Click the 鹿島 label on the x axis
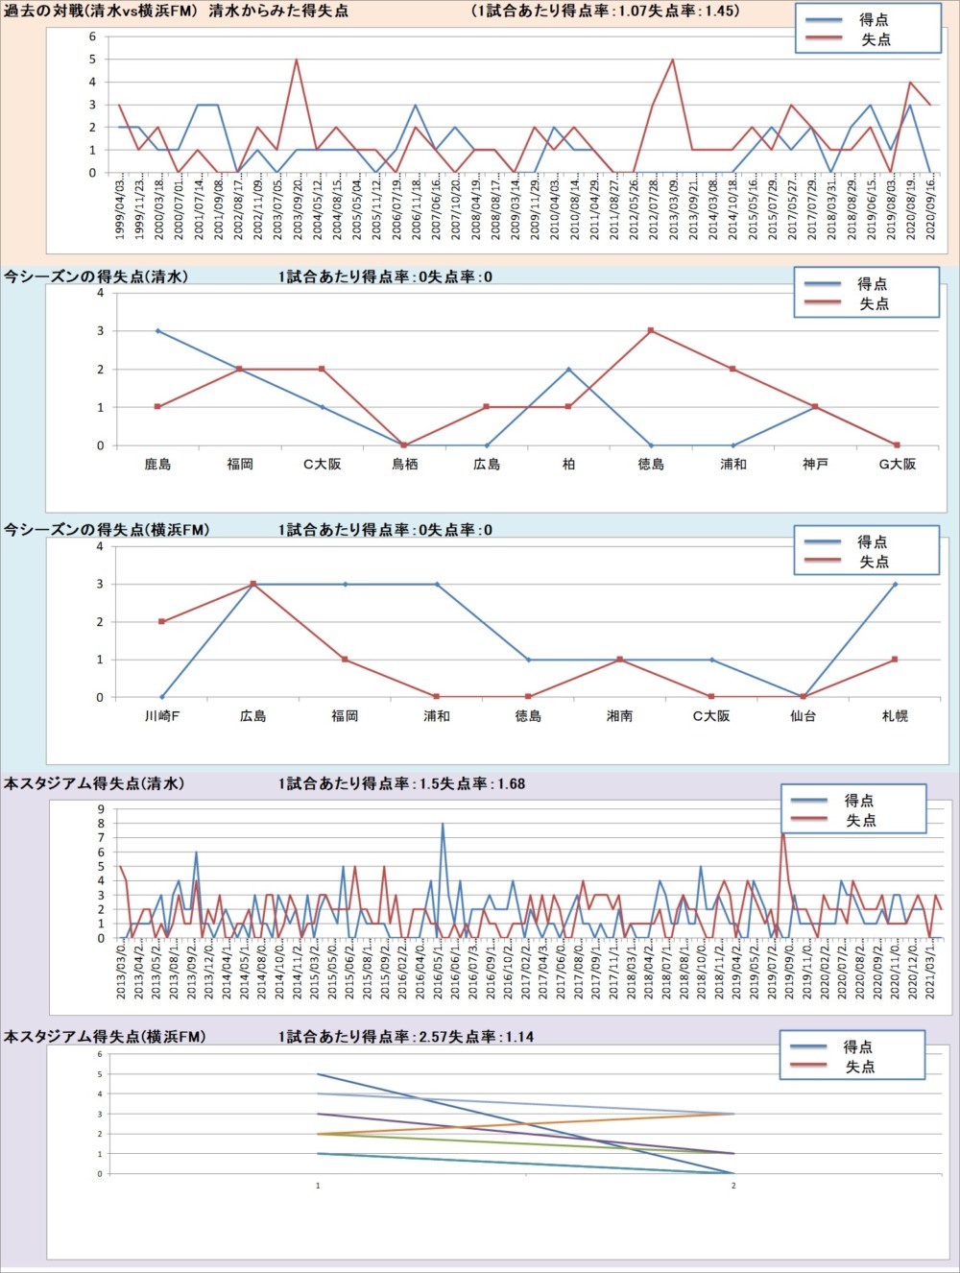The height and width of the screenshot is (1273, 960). (157, 465)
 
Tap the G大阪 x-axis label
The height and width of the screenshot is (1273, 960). (897, 465)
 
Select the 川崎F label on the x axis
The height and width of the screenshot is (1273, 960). (162, 716)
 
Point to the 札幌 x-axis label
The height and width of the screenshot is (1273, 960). (895, 716)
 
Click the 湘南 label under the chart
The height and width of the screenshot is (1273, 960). (620, 716)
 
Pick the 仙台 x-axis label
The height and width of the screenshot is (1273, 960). (803, 716)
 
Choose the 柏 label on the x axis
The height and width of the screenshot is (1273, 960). (568, 465)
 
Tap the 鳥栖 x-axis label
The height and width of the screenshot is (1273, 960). (404, 465)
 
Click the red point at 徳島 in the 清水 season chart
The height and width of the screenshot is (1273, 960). (651, 330)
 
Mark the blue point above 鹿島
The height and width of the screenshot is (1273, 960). (157, 330)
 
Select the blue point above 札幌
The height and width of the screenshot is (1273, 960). (895, 584)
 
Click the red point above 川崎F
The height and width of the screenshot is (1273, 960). (162, 621)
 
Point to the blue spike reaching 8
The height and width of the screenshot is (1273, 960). (443, 824)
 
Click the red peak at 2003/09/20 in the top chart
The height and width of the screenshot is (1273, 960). (296, 60)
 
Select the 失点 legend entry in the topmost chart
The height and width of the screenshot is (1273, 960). (875, 39)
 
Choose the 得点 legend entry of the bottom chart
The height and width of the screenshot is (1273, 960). (857, 1046)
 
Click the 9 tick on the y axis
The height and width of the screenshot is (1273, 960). (100, 809)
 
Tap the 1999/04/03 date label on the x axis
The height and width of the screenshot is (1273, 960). (120, 209)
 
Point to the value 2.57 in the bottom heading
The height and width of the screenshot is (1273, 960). (434, 1037)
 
